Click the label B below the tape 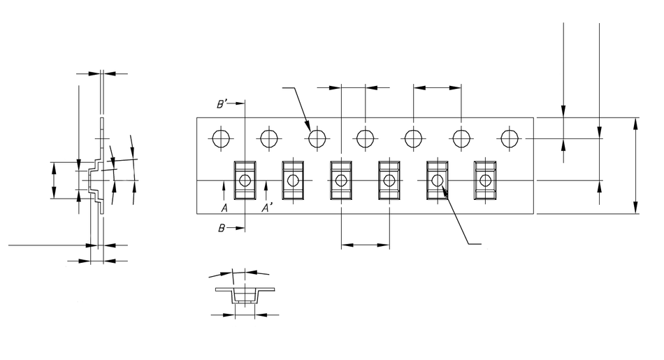(221, 228)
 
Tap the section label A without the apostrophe (224, 208)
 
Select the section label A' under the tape (266, 208)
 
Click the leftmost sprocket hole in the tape (222, 138)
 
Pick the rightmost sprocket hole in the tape (509, 138)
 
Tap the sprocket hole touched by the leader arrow (317, 138)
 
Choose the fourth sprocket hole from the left (366, 138)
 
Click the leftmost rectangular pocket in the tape (245, 180)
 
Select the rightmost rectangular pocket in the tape (485, 180)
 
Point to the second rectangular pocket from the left (293, 180)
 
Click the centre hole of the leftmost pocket (245, 180)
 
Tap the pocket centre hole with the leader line (438, 180)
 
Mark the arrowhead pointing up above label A (224, 185)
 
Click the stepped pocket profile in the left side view (94, 180)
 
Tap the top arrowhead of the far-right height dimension (635, 123)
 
